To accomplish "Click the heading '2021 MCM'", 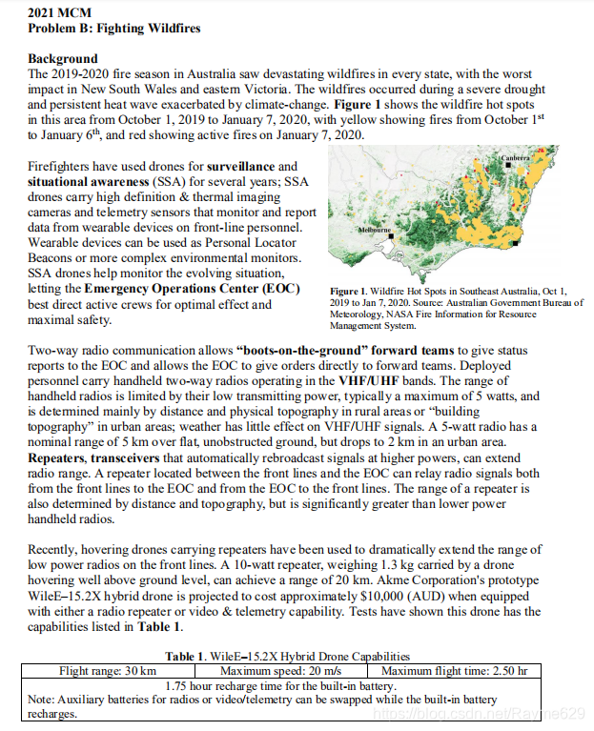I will pyautogui.click(x=58, y=12).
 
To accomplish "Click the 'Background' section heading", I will pyautogui.click(x=63, y=58).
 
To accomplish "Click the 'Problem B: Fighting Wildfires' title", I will pyautogui.click(x=114, y=28).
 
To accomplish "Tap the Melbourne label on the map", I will pyautogui.click(x=374, y=231).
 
